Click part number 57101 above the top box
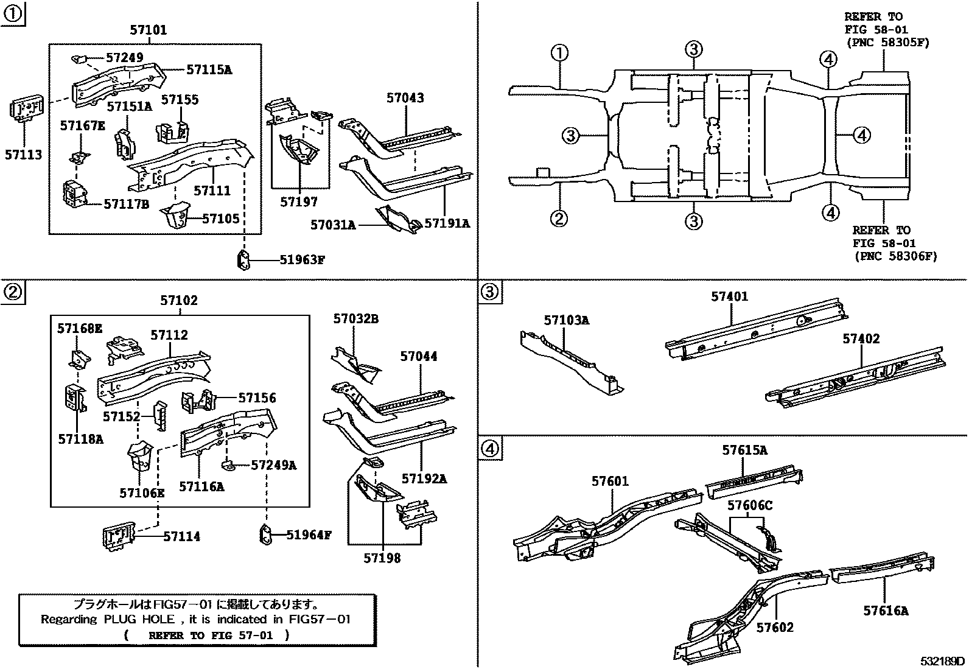pyautogui.click(x=148, y=30)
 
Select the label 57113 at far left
pyautogui.click(x=24, y=155)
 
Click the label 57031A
pyautogui.click(x=332, y=225)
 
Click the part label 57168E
pyautogui.click(x=80, y=329)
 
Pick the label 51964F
pyautogui.click(x=309, y=535)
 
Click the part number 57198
pyautogui.click(x=383, y=558)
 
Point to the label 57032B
pyautogui.click(x=355, y=318)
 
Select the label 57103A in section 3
pyautogui.click(x=566, y=320)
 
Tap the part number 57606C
pyautogui.click(x=750, y=505)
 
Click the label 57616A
pyautogui.click(x=885, y=610)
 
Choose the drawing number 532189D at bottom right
pyautogui.click(x=942, y=660)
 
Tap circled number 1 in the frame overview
pyautogui.click(x=559, y=53)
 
